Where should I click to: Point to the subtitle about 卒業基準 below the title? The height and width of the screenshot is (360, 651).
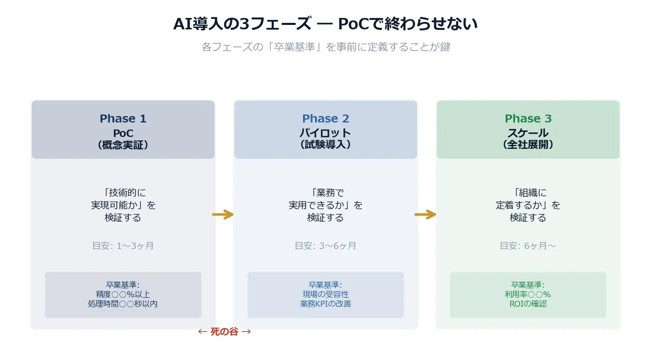click(x=325, y=47)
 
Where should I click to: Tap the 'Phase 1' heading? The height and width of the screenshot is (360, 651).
click(x=123, y=119)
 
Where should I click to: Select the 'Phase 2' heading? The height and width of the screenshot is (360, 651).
click(x=325, y=119)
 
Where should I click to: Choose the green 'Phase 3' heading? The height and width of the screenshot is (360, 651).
click(x=528, y=119)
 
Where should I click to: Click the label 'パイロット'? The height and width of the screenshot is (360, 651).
click(x=325, y=133)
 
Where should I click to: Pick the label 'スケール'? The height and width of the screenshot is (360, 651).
click(x=528, y=133)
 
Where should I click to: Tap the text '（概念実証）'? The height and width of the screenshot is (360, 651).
click(x=123, y=145)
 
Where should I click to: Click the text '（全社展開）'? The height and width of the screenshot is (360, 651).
click(x=528, y=145)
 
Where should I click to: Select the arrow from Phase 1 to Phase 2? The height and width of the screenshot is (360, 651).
click(x=223, y=215)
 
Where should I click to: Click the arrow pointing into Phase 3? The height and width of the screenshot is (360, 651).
click(x=426, y=215)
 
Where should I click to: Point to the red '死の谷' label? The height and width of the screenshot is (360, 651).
click(x=224, y=332)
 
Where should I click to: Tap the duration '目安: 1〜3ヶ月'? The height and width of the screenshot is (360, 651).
click(x=123, y=245)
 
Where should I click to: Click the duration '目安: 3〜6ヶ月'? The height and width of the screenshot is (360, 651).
click(x=325, y=245)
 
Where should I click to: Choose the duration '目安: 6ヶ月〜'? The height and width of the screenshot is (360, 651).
click(x=528, y=245)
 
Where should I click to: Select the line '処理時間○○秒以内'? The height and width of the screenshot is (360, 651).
click(x=123, y=303)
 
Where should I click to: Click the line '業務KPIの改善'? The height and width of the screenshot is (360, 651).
click(x=325, y=303)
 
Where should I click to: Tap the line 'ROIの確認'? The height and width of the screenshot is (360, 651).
click(x=528, y=303)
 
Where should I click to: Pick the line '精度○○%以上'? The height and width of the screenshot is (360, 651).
click(x=123, y=294)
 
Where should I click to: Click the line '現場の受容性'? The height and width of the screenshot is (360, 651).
click(x=325, y=294)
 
